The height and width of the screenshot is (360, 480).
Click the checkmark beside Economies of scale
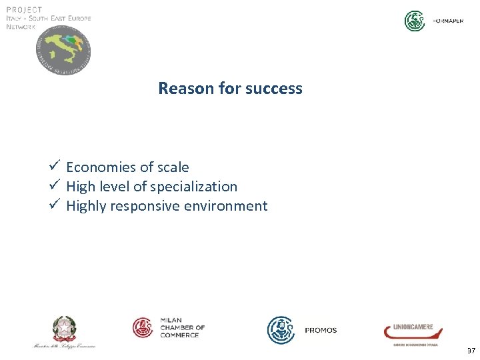55,166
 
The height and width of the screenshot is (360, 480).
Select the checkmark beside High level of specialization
55,185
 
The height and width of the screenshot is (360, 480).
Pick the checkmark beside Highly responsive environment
55,205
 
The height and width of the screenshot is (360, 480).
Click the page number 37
471,351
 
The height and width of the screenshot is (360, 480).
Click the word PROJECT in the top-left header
24,10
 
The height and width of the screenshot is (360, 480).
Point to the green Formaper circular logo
415,21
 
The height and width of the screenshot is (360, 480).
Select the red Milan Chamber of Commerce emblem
143,327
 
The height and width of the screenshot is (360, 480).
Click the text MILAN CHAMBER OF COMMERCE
182,327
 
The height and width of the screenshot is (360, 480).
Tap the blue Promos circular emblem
281,330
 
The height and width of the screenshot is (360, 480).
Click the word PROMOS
321,331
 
